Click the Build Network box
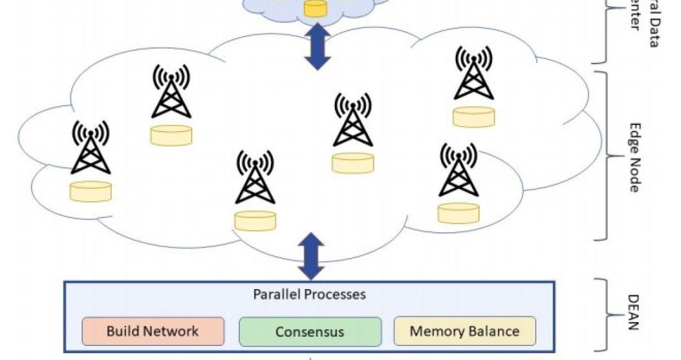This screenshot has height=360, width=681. [152, 331]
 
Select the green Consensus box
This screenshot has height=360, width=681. [309, 331]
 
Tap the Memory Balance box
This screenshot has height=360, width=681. [464, 331]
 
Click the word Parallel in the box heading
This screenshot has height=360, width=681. [276, 294]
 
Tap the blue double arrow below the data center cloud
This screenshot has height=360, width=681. [318, 47]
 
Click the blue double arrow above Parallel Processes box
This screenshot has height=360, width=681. [310, 256]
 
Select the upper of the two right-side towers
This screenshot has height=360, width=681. [473, 79]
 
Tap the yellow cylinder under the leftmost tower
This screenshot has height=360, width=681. [90, 191]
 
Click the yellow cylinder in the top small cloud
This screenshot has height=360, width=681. [315, 8]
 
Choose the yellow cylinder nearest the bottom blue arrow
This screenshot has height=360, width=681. [255, 220]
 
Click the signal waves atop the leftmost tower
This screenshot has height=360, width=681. [90, 131]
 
